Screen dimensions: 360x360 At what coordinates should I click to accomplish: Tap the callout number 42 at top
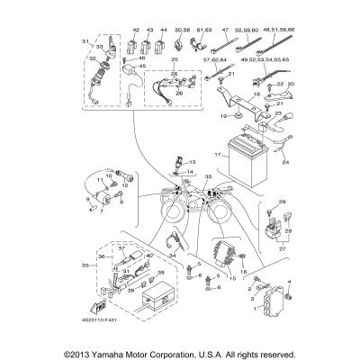pos(136,31)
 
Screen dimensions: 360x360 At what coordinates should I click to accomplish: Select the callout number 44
pos(164,31)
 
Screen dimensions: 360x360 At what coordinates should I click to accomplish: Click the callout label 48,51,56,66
pos(278,31)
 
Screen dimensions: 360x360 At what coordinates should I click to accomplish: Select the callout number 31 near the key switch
pos(86,41)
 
